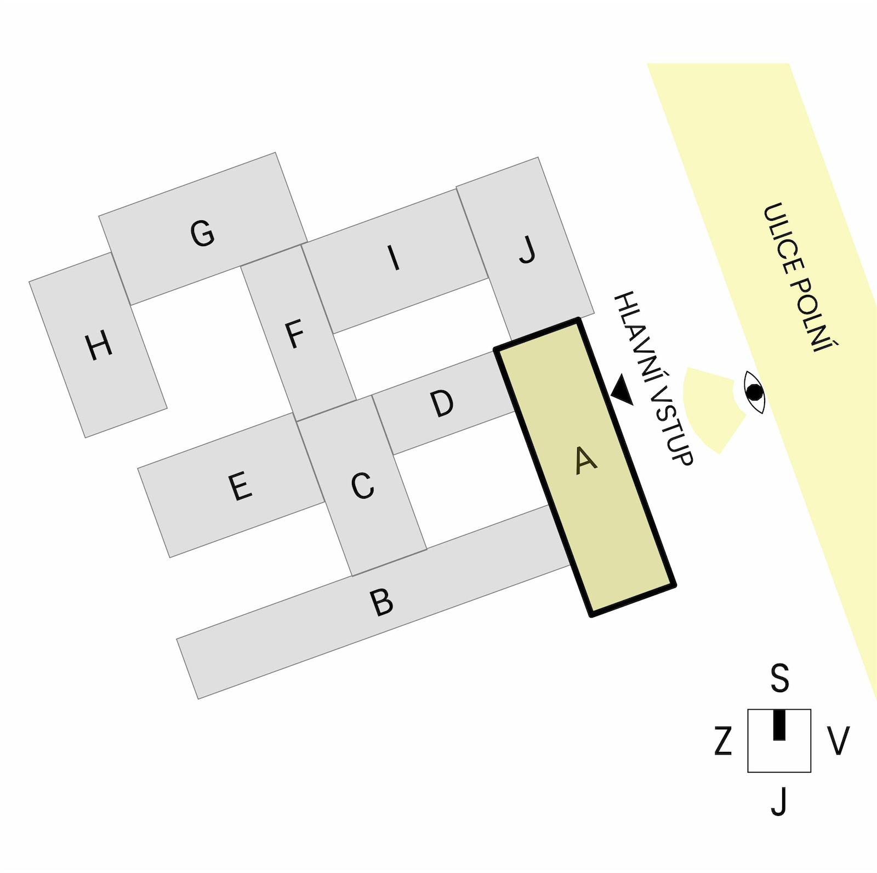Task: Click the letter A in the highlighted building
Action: click(586, 460)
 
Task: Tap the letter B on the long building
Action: click(381, 602)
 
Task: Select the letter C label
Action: click(362, 486)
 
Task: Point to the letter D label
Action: click(442, 404)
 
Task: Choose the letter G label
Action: click(202, 233)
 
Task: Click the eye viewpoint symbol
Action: click(754, 392)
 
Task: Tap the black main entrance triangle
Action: click(623, 390)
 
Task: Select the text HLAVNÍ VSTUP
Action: click(653, 378)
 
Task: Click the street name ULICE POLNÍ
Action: click(801, 278)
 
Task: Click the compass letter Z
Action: click(724, 741)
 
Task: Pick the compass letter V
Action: click(838, 741)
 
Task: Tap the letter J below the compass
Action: click(779, 802)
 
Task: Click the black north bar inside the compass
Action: click(779, 724)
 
